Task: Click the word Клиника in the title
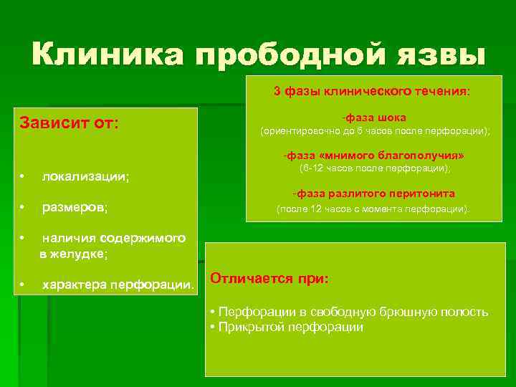(107, 54)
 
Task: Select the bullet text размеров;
(75, 208)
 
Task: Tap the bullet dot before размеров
(24, 207)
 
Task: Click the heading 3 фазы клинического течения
(372, 92)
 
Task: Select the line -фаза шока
(373, 117)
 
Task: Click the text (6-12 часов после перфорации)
(374, 168)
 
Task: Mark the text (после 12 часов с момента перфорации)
(373, 209)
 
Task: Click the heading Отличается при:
(269, 279)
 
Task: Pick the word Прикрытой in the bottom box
(252, 327)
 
